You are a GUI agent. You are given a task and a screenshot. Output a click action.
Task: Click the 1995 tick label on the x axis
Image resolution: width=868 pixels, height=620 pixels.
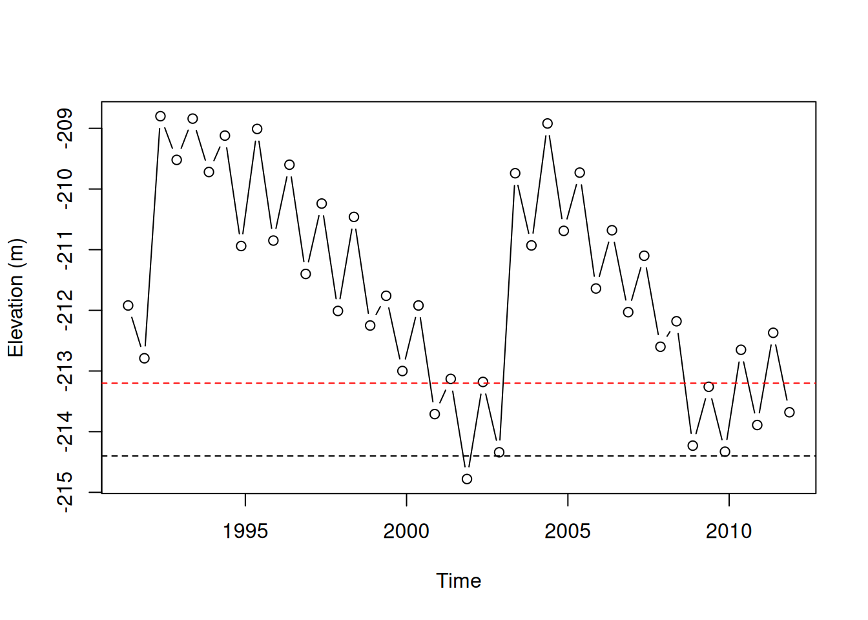[245, 531]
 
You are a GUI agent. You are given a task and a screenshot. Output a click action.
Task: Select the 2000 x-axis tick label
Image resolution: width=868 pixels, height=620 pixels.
[406, 531]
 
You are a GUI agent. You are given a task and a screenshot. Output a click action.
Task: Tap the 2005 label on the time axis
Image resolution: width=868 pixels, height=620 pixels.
[567, 531]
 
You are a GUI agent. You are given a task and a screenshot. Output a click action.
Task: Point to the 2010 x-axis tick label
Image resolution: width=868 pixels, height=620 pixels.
[728, 531]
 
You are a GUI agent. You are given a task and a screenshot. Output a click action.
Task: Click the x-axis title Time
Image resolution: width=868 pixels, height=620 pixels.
[459, 581]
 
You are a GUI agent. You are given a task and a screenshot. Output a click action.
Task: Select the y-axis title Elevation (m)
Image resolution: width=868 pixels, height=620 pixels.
[15, 298]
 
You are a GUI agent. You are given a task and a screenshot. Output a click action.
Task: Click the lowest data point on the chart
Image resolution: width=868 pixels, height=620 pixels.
[467, 479]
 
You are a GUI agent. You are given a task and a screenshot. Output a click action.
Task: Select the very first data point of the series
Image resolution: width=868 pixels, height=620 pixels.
[128, 305]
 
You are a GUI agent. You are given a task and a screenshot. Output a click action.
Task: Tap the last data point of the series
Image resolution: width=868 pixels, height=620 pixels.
[789, 412]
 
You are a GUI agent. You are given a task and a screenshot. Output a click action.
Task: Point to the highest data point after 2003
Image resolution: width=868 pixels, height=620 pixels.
[548, 123]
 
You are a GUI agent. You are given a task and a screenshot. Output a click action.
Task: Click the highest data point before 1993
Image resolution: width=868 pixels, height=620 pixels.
[160, 116]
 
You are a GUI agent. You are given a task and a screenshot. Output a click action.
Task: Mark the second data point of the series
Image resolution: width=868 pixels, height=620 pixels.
[144, 358]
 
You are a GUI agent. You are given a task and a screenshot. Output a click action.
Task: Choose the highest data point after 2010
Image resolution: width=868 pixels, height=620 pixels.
[773, 333]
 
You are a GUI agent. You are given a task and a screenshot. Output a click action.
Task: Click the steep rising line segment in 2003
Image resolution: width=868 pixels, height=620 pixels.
[507, 313]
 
